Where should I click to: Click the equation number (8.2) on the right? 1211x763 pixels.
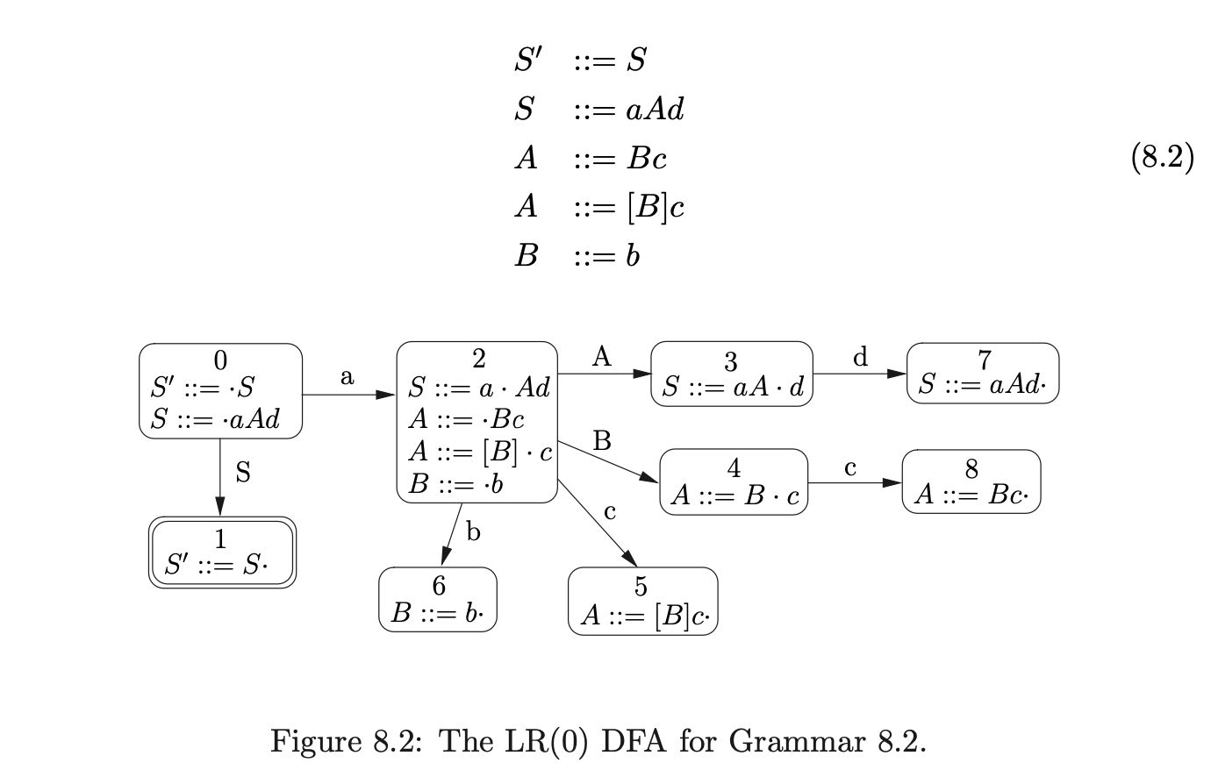[1162, 158]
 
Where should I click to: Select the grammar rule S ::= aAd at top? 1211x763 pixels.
[598, 110]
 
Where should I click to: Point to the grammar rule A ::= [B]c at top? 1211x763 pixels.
[598, 207]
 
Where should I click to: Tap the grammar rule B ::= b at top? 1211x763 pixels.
[577, 256]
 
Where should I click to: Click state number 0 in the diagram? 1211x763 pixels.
[220, 360]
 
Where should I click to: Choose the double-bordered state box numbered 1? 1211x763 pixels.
[222, 552]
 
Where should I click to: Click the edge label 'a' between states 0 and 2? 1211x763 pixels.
[348, 377]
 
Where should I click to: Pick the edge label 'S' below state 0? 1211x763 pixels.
[243, 473]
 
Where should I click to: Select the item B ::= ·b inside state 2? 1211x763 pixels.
[455, 484]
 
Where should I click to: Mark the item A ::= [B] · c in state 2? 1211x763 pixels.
[480, 452]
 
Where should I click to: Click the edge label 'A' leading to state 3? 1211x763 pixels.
[601, 357]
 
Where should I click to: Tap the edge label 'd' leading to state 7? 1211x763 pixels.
[860, 357]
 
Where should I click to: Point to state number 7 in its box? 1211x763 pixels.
[984, 360]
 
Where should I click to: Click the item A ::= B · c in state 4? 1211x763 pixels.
[735, 496]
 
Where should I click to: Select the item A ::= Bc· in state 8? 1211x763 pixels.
[970, 495]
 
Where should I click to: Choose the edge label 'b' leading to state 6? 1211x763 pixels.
[473, 531]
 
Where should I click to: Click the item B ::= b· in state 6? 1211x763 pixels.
[437, 612]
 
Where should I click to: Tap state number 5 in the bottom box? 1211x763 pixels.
[641, 586]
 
